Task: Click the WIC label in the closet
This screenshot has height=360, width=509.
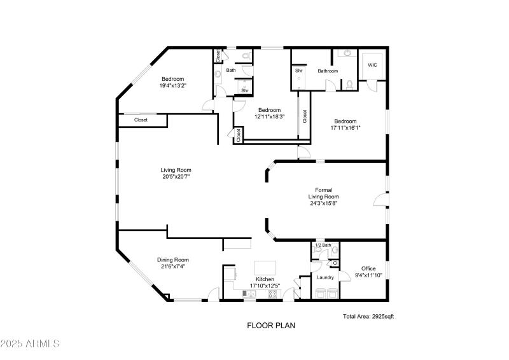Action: [x=372, y=64]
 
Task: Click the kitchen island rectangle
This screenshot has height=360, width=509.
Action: [x=265, y=268]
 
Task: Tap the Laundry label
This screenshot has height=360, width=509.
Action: [x=326, y=277]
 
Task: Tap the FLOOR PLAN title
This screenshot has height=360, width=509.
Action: [x=271, y=325]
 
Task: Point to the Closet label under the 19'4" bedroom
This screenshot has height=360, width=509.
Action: [x=141, y=120]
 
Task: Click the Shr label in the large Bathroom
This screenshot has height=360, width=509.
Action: [x=299, y=71]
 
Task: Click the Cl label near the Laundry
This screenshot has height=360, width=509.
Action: [x=335, y=263]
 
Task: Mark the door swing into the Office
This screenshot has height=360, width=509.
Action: [x=345, y=275]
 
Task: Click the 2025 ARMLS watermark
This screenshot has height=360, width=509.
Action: [x=30, y=344]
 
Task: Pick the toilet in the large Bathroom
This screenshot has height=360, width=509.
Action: [x=349, y=84]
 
